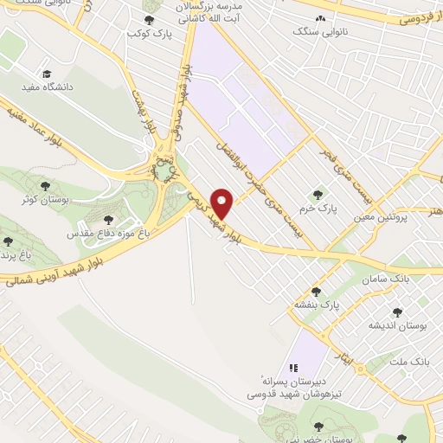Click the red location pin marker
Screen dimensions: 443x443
pos(223,204)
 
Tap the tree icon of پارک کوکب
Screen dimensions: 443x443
pos(150,20)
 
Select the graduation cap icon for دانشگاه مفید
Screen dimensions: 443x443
pos(46,74)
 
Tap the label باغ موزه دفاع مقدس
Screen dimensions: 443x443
pos(110,234)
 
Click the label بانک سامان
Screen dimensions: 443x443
pos(411,279)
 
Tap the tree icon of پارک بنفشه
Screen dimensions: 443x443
pos(317,292)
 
